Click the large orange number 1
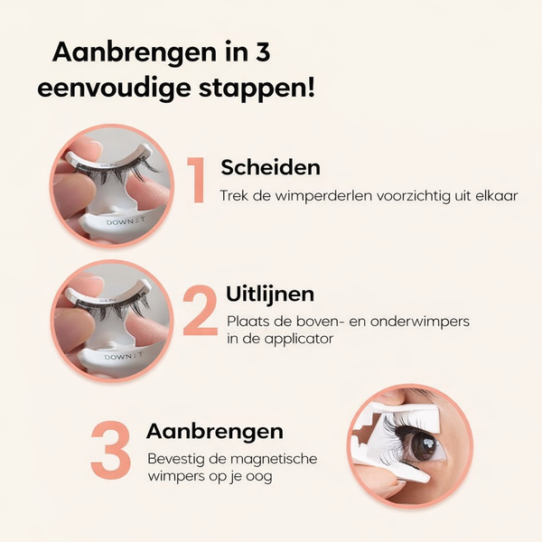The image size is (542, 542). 196,180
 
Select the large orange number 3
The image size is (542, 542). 110,450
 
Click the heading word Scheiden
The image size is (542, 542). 270,167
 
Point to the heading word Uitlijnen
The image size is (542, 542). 270,294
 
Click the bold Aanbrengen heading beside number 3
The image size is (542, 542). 215,432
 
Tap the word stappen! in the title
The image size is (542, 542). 257,89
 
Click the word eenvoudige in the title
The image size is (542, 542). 114,89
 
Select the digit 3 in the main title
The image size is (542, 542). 264,51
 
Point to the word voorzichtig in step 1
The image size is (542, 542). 414,196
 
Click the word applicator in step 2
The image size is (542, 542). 295,339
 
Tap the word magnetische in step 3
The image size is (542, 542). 274,459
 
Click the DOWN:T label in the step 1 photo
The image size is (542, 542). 126,221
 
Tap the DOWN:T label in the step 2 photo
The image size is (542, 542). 124,356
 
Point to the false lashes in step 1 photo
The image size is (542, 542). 117,173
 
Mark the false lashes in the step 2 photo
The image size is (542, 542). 116,308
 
